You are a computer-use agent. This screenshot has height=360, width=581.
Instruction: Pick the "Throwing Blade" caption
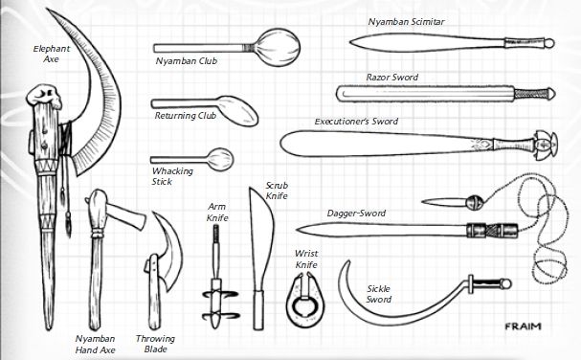pyautogui.click(x=155, y=343)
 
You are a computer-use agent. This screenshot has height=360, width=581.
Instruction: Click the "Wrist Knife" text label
pyautogui.click(x=306, y=258)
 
